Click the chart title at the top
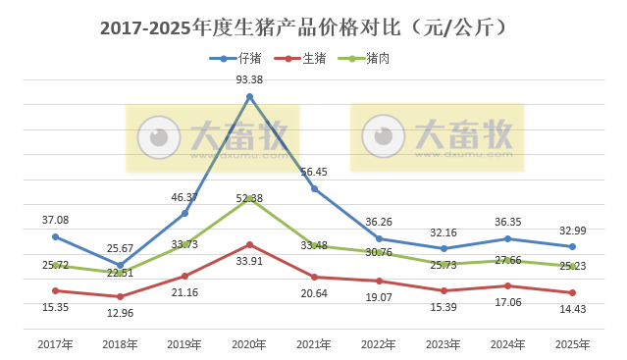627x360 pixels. click(313, 27)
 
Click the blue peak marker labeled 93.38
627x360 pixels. click(250, 96)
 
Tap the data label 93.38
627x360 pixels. click(249, 79)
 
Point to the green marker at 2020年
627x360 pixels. click(250, 197)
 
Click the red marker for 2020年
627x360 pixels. click(250, 244)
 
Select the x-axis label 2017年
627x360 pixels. click(55, 344)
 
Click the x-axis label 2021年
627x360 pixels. click(315, 344)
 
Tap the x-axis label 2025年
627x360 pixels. click(573, 344)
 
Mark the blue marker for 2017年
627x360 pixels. click(56, 236)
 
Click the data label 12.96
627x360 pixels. click(121, 313)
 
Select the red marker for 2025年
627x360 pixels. click(573, 292)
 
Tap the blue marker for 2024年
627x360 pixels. click(508, 238)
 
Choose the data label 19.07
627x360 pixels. click(380, 297)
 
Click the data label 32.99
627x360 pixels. click(573, 230)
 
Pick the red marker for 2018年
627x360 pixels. click(121, 296)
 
